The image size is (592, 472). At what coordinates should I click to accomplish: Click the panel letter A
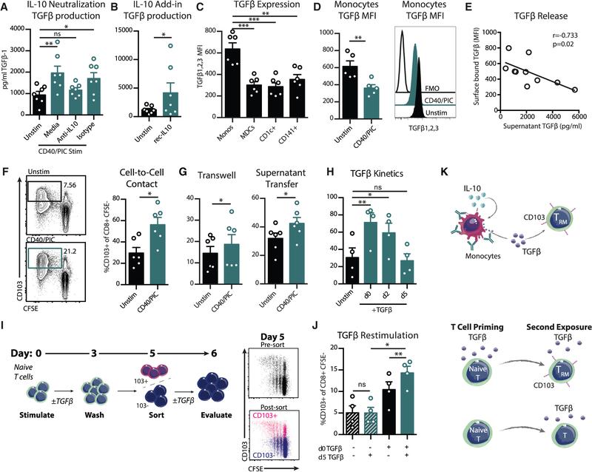tap(6, 7)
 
